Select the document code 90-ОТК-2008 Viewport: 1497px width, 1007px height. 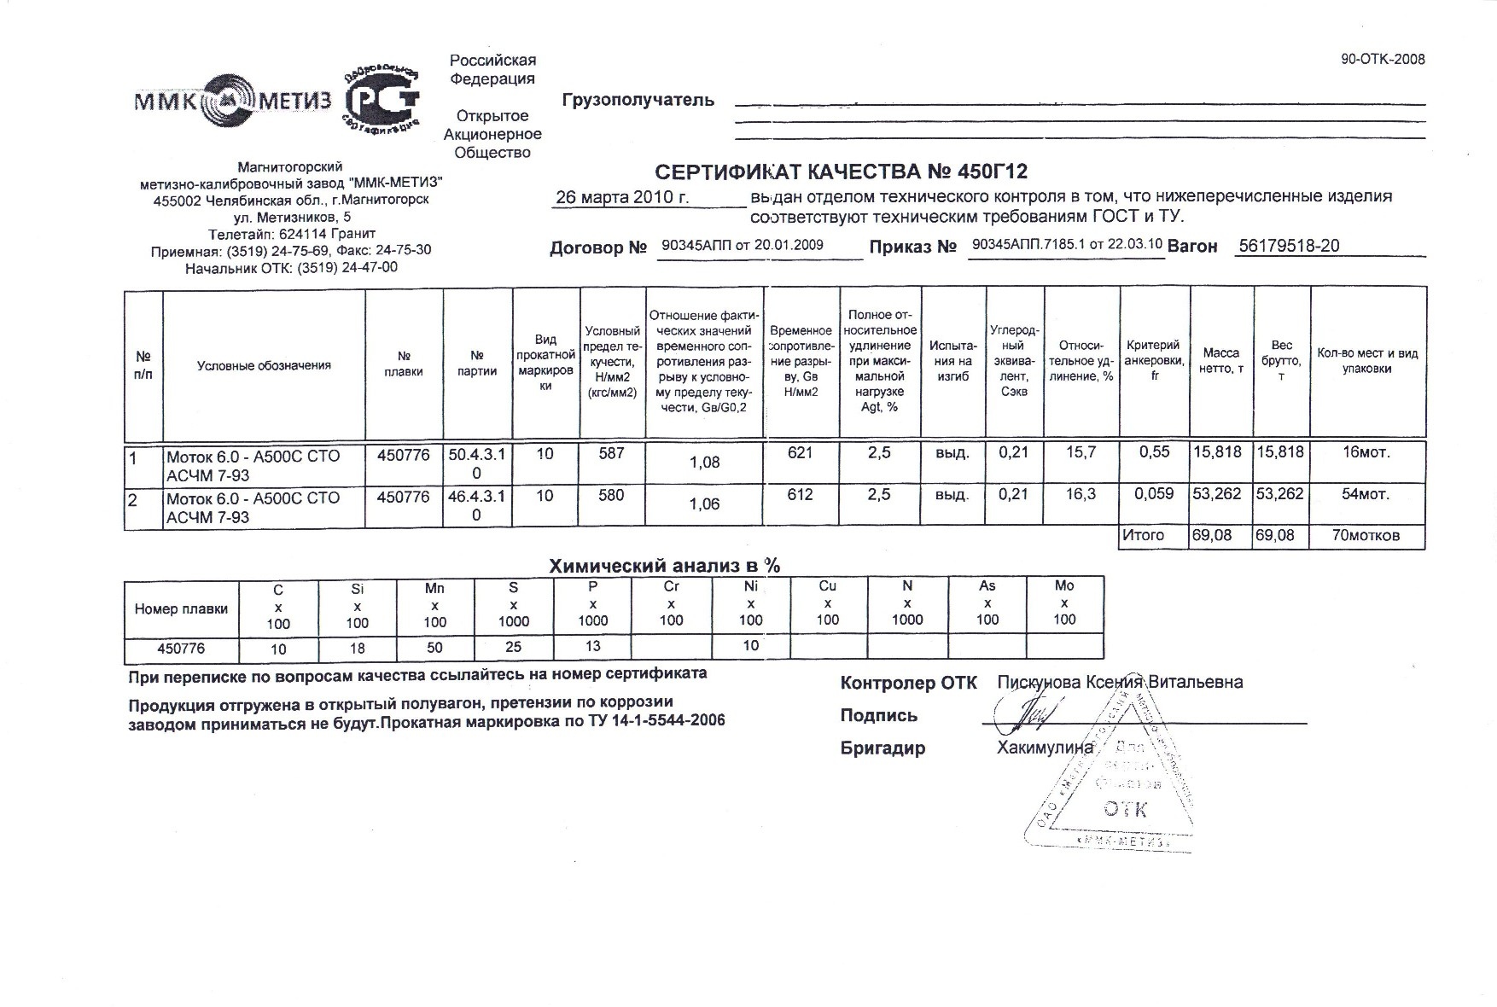(1383, 59)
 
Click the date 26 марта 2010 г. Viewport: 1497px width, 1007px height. (622, 197)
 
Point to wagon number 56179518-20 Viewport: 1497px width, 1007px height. (1288, 246)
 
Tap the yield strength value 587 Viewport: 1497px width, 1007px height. (611, 454)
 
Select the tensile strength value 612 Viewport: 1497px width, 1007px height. (800, 495)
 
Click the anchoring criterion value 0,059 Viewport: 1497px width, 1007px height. (1154, 494)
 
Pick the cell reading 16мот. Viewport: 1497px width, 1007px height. (1366, 453)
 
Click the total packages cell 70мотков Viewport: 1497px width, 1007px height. (1366, 536)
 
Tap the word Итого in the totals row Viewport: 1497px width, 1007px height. (1143, 535)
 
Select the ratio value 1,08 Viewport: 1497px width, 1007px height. (704, 463)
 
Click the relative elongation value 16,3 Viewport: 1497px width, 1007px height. (1081, 494)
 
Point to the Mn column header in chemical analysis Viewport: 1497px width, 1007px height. (434, 588)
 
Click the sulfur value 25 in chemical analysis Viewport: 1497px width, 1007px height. (513, 648)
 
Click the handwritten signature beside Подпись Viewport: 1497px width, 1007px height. (1034, 714)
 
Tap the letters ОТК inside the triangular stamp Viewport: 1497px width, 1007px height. (1125, 809)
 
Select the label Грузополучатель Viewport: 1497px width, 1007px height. (638, 101)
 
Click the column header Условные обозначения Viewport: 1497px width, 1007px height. (264, 365)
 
